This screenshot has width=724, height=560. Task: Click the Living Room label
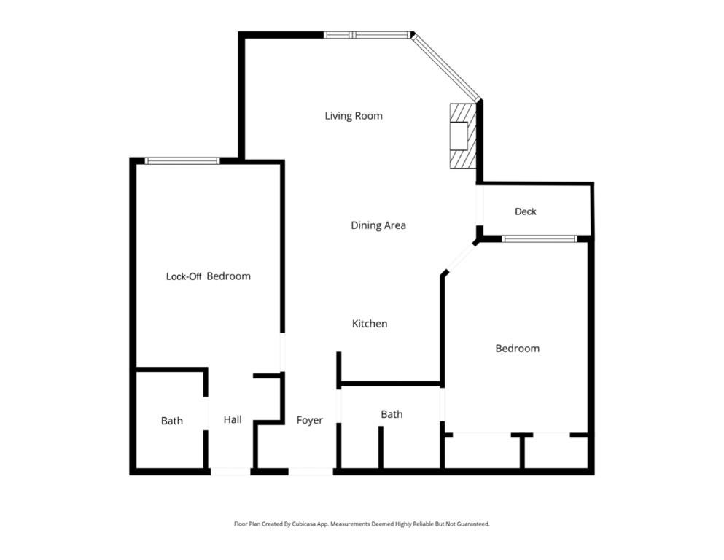coord(354,116)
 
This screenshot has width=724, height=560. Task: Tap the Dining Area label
coord(378,225)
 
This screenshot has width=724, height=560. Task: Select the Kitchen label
coord(370,324)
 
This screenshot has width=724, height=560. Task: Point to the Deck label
coord(526,211)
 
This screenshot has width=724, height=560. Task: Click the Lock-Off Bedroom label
coord(209,276)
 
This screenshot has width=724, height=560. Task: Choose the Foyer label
coord(309,420)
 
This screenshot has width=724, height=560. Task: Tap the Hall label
coord(233,419)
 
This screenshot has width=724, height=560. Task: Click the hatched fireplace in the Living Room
coord(462,136)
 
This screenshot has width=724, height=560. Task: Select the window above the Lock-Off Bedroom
coord(182,160)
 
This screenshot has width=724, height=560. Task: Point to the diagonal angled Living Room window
coord(446,67)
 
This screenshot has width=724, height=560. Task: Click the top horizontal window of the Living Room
coord(367,35)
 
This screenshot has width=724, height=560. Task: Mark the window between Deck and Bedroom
coord(540,238)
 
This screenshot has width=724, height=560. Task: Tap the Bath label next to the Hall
coord(172,421)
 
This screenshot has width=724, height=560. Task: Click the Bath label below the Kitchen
coord(392,414)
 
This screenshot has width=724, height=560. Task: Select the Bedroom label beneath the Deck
coord(518,349)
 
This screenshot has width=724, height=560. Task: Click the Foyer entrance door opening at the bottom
coord(311,472)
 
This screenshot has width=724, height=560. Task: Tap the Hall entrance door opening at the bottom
coord(230,472)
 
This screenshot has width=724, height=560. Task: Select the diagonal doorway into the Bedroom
coord(460,257)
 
